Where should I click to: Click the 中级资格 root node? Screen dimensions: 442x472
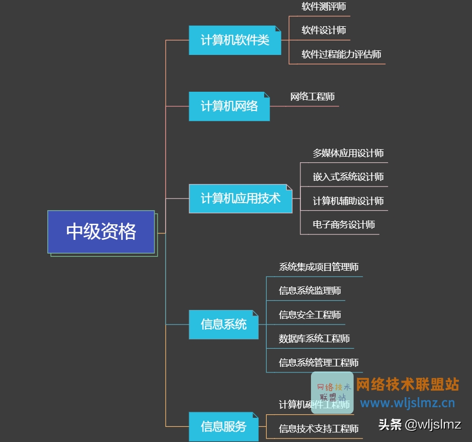point(101,232)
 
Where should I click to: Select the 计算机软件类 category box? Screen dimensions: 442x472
point(234,40)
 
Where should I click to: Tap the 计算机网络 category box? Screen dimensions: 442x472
point(229,106)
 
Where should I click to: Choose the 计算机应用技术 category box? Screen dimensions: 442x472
point(240,199)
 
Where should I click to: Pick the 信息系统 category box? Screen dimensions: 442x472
point(223,325)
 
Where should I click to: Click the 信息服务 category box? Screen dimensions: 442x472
point(223,427)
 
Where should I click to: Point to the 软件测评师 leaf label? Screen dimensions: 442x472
point(324,7)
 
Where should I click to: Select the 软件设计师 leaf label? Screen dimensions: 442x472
point(324,30)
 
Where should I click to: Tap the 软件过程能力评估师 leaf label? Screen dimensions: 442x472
point(341,54)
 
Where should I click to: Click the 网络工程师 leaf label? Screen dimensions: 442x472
point(312,97)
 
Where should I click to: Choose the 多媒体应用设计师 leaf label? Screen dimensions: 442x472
point(348,153)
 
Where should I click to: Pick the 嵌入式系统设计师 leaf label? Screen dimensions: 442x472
point(348,177)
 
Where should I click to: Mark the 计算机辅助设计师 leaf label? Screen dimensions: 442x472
point(348,201)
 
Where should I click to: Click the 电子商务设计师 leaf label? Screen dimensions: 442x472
point(344,225)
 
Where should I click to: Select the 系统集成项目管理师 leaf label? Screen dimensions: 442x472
point(319,267)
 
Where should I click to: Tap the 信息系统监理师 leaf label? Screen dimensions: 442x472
point(310,291)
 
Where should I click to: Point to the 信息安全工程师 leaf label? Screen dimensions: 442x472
point(310,315)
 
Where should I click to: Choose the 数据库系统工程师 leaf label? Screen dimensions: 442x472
point(314,339)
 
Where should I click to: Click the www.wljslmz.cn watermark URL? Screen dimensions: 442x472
point(408,403)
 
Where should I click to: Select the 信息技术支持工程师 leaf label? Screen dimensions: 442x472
point(319,429)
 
